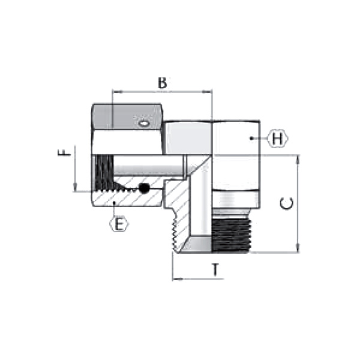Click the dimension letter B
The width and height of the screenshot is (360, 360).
pyautogui.click(x=162, y=83)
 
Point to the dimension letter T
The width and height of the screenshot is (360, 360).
pyautogui.click(x=215, y=270)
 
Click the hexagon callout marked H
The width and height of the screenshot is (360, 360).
pyautogui.click(x=277, y=139)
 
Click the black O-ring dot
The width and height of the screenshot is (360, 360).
pyautogui.click(x=144, y=188)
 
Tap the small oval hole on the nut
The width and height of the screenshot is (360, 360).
pyautogui.click(x=143, y=124)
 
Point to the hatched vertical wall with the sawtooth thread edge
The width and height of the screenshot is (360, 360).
pyautogui.click(x=179, y=222)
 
